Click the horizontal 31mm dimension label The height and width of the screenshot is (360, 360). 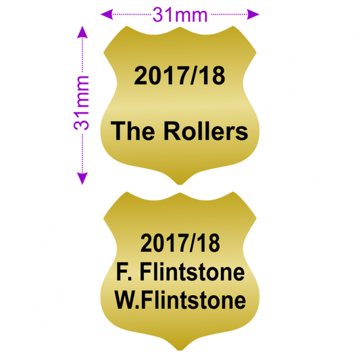(x=180, y=15)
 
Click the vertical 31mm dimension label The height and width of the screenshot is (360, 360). (x=82, y=103)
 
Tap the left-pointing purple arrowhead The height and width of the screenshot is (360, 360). (x=107, y=14)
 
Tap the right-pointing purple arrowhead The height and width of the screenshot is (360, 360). (x=253, y=14)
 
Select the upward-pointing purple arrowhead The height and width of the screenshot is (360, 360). (x=82, y=32)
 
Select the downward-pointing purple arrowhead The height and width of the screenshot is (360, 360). (x=82, y=178)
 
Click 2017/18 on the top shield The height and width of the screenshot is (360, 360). (x=180, y=76)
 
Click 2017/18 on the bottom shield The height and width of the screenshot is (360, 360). (x=180, y=242)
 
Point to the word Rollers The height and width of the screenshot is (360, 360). (x=206, y=131)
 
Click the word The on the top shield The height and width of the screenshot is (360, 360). (x=132, y=131)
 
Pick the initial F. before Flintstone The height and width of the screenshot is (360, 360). (x=124, y=272)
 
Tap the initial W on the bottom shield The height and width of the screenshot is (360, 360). (x=126, y=300)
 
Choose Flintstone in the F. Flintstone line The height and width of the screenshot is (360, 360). (x=192, y=272)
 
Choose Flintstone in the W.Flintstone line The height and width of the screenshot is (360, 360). (x=194, y=300)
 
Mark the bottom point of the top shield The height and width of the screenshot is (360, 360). (x=180, y=184)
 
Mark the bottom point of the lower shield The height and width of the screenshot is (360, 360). (x=180, y=351)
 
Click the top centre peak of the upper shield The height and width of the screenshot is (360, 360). (x=180, y=27)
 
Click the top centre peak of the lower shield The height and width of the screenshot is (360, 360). (x=180, y=193)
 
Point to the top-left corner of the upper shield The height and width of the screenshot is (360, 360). (x=127, y=26)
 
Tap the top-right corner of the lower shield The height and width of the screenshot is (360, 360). (x=233, y=192)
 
